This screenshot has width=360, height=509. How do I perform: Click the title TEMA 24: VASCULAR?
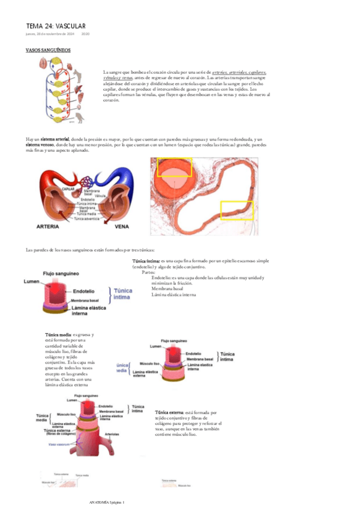point(56,26)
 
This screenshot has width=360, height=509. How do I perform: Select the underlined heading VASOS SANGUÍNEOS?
point(48,50)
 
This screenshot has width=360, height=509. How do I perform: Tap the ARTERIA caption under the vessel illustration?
point(48,227)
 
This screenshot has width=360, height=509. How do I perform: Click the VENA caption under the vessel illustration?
point(123,227)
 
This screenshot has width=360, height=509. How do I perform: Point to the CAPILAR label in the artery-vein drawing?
point(68,188)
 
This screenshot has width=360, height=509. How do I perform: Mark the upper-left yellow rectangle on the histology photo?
point(174,167)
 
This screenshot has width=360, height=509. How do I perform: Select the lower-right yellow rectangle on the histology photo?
point(237,210)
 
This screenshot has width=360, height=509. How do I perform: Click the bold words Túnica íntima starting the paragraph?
point(146,261)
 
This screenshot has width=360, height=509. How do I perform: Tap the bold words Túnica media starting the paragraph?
point(58,334)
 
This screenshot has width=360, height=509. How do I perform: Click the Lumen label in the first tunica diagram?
point(31,282)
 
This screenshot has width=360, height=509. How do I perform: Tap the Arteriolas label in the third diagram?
point(112,434)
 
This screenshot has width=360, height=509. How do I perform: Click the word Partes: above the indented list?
point(149,273)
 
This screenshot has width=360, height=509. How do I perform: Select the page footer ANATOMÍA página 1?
point(106,500)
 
